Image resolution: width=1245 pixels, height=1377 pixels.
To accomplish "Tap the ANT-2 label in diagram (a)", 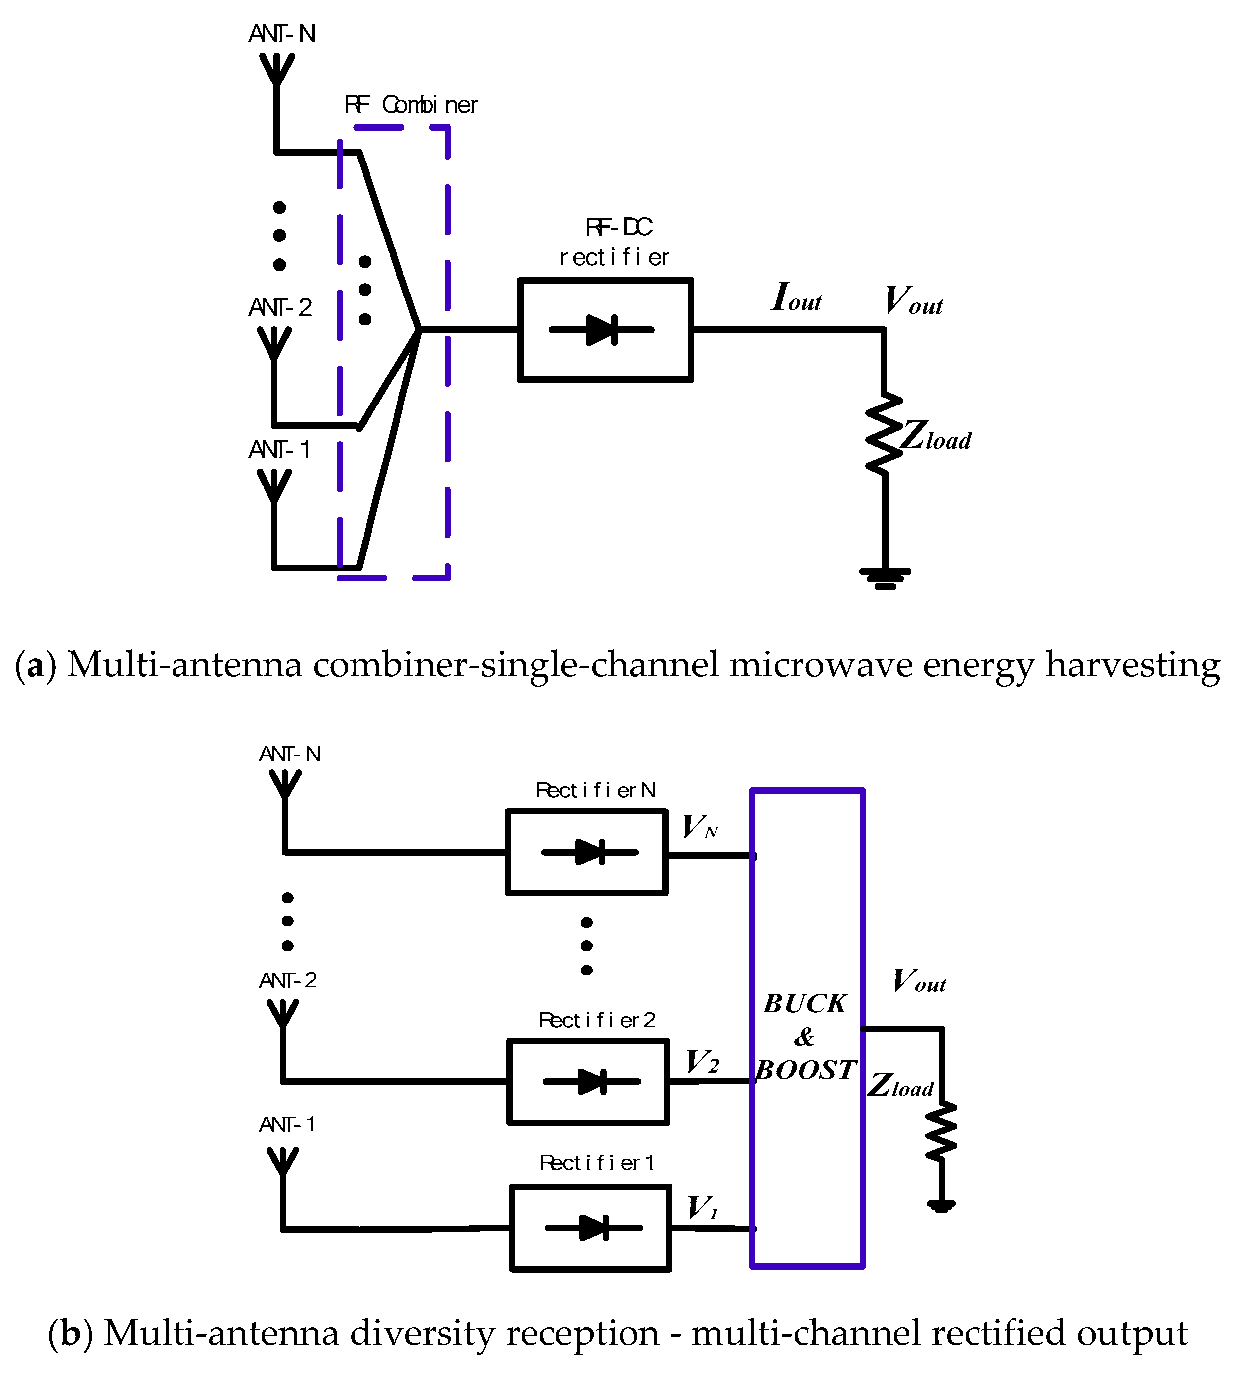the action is coord(280,308).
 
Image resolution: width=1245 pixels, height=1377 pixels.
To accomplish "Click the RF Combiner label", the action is coord(411,104).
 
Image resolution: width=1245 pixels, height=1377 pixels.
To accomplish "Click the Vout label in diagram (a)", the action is coord(913,301).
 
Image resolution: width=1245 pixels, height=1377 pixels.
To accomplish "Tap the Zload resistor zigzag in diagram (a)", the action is coord(884,433).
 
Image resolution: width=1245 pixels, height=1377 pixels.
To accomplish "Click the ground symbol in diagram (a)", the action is coord(885,578).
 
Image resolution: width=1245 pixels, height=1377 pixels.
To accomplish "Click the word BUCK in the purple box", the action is coord(805,1003).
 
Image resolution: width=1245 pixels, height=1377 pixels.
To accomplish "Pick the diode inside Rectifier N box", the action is coord(590,852).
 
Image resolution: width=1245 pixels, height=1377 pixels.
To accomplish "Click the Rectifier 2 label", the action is coord(597,1020).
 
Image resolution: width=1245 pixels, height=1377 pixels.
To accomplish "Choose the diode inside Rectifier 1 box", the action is coord(593,1228).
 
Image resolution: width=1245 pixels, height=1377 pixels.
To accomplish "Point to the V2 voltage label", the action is coord(703,1062).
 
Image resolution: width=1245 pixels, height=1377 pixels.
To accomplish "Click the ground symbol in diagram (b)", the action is coord(941,1206).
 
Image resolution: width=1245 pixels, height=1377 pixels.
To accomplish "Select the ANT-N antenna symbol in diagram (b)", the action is coord(285,784).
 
